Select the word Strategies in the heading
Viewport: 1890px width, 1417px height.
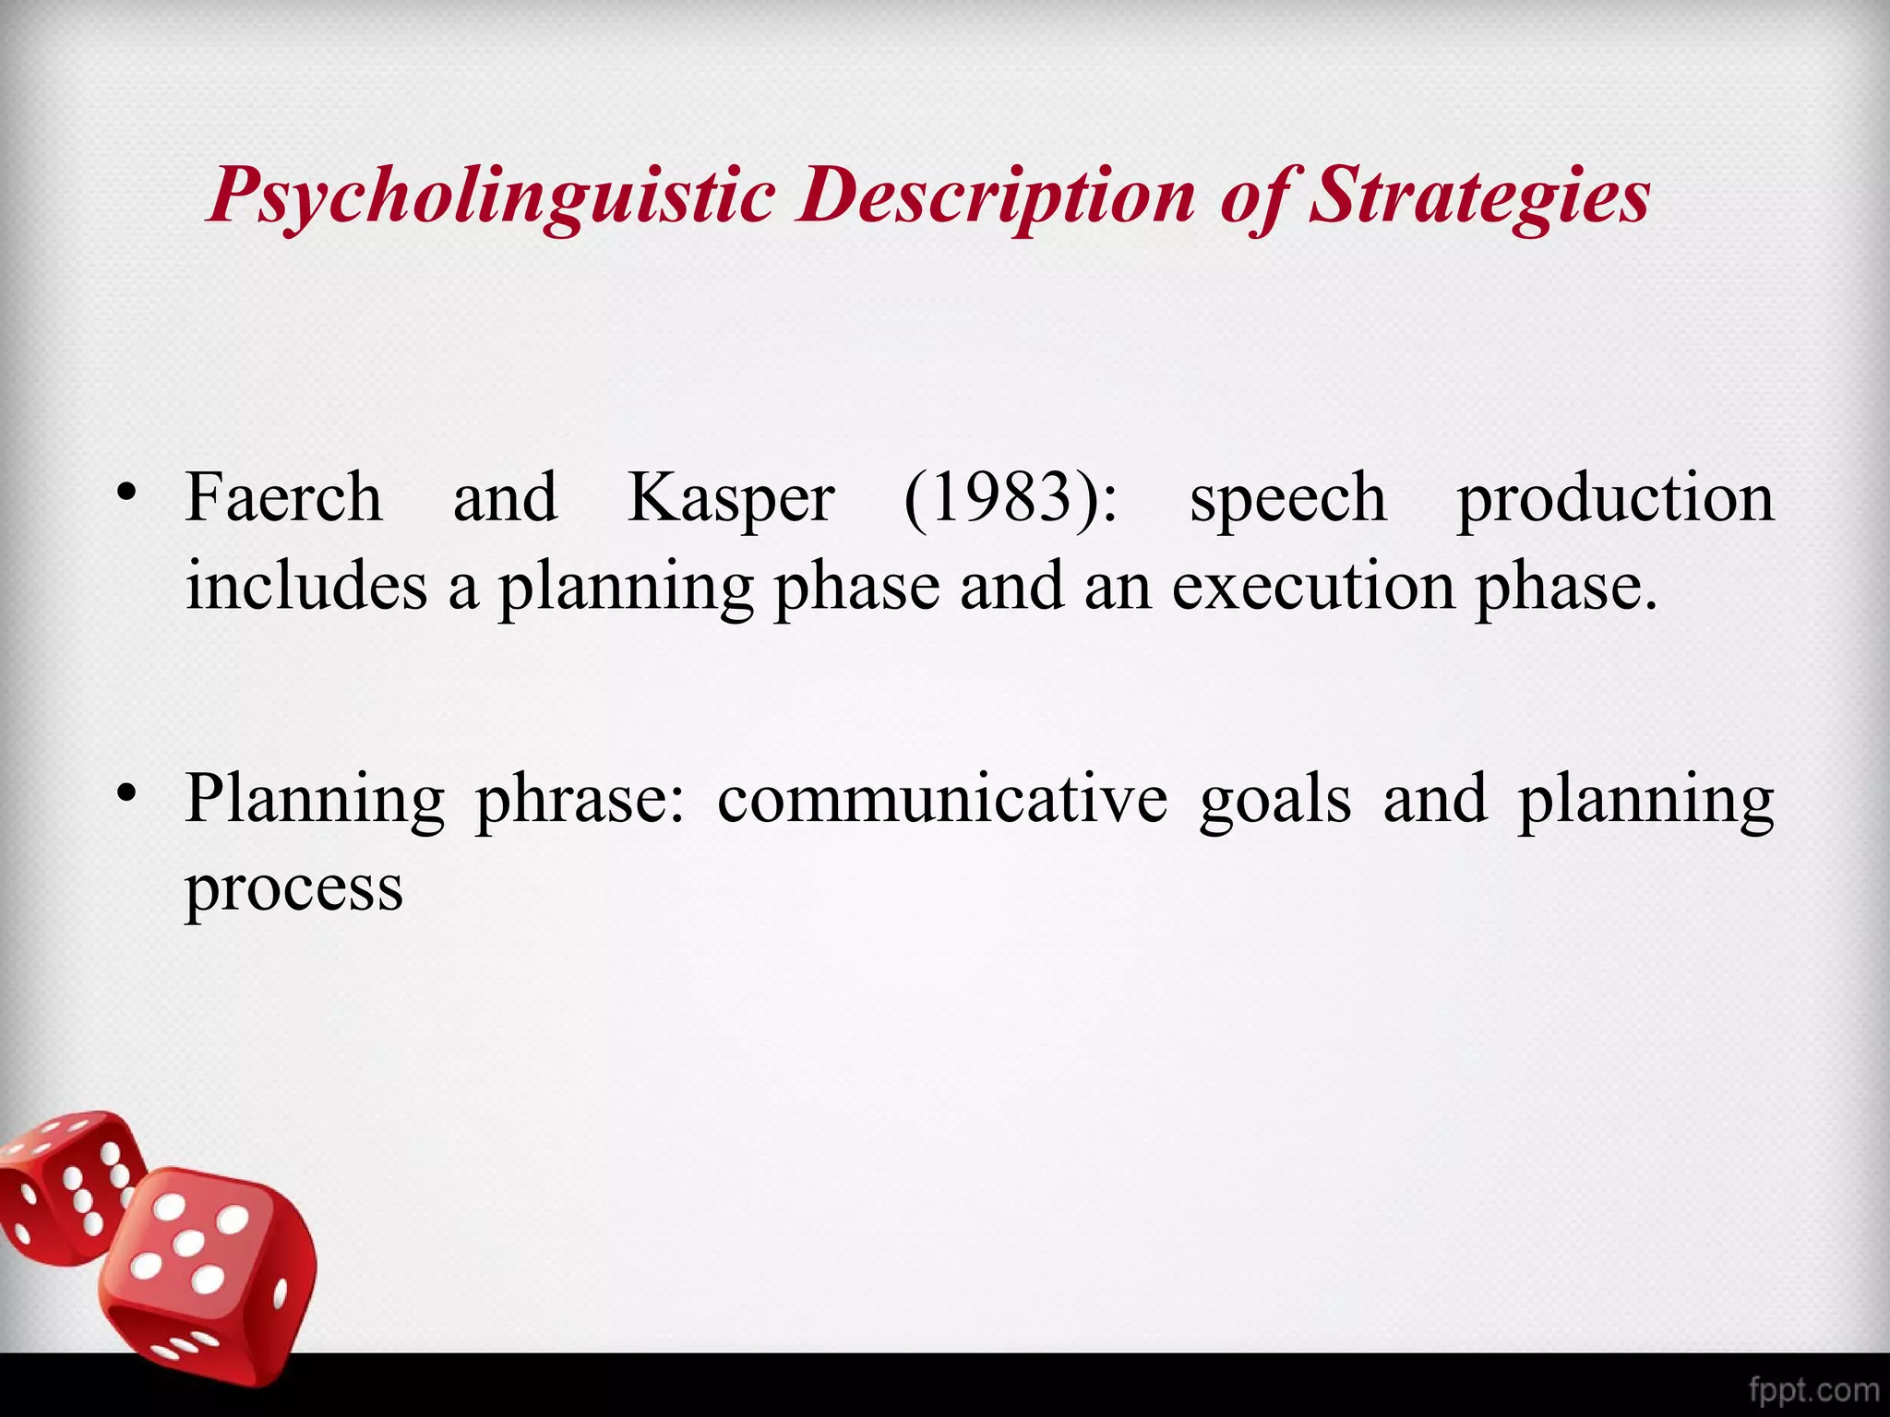1479,196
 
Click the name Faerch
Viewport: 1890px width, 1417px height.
283,498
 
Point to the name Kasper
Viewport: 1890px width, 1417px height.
731,498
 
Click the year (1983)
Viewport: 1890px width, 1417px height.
1011,498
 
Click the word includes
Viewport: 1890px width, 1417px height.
306,586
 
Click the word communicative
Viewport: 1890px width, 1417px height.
942,799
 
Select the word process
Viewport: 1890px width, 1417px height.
294,890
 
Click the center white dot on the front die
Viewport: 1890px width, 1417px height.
189,1244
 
